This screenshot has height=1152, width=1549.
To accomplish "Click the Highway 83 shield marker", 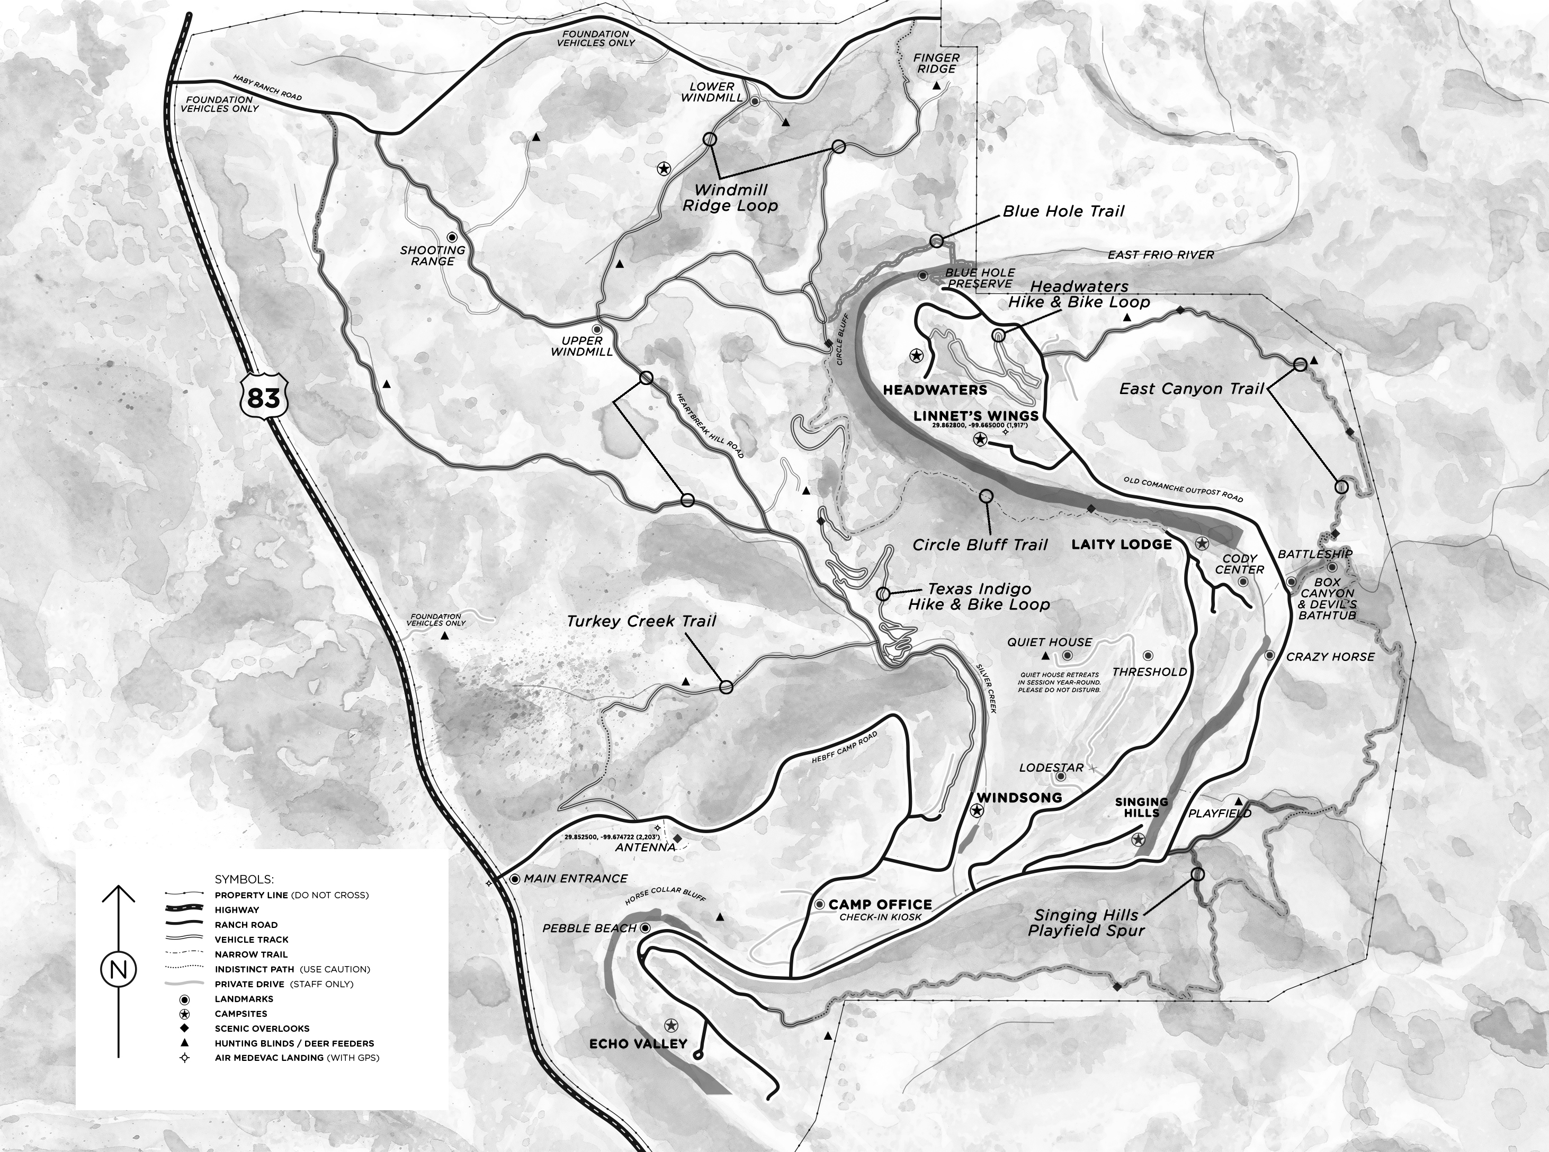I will point(264,398).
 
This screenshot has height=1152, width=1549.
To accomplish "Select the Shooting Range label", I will point(432,255).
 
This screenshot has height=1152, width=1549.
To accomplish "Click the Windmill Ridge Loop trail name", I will point(730,198).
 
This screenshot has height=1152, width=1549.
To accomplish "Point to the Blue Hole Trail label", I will point(1063,211).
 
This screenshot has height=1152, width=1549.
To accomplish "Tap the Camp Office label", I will point(880,905).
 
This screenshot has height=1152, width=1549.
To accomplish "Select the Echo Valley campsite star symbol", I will point(670,1025).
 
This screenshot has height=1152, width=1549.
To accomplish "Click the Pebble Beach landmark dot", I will point(646,928).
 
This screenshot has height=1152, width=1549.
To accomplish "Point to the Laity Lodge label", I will point(1121,544).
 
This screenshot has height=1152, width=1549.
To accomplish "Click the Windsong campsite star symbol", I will point(977,810).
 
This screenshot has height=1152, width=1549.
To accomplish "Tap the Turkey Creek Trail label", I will point(641,621).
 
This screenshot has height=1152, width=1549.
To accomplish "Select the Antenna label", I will point(645,847).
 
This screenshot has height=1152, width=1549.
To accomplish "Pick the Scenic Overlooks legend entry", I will point(262,1029).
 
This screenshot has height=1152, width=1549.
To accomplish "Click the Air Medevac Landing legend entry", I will point(296,1058).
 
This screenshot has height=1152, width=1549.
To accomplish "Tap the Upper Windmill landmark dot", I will point(597,329).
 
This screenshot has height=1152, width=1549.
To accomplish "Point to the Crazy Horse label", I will point(1329,656).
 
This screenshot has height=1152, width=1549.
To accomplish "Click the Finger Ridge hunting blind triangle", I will point(937,85).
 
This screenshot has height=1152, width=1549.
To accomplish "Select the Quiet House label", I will point(1049,642).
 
